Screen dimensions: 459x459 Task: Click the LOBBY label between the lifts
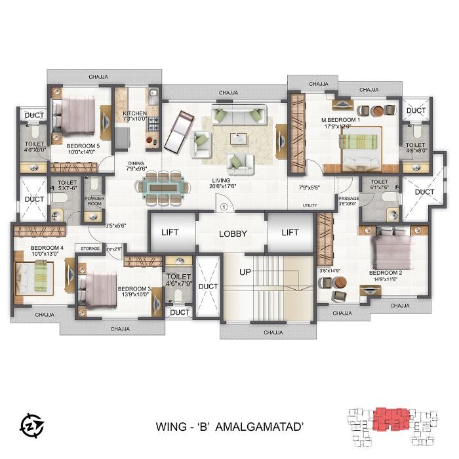(231, 233)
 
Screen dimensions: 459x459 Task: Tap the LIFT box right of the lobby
(290, 232)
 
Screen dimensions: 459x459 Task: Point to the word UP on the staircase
(245, 271)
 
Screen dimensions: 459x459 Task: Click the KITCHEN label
(134, 113)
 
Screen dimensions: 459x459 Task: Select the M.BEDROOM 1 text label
(340, 120)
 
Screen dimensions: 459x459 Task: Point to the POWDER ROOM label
(94, 200)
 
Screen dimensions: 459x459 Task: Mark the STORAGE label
(90, 249)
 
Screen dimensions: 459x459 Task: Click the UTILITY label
(309, 205)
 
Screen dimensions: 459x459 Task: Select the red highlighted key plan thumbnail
(390, 419)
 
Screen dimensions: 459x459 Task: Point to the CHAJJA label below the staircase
(273, 332)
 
